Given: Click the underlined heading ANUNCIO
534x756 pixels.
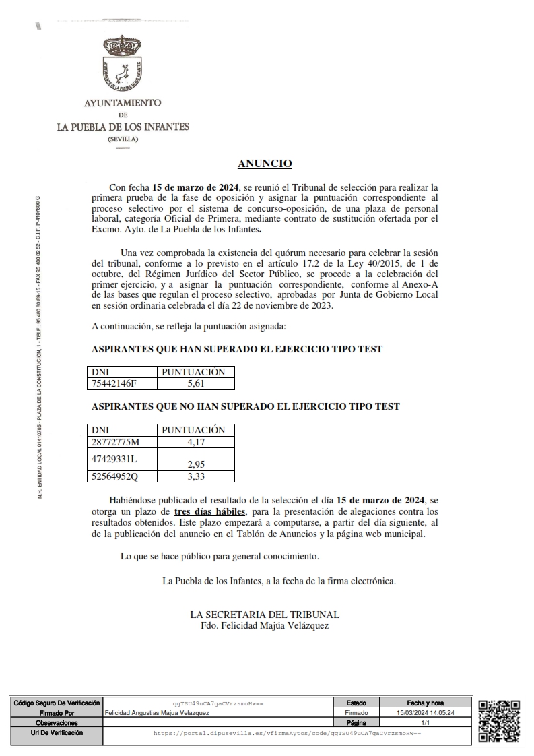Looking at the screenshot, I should point(265,164).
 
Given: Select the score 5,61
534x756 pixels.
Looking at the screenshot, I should point(195,384).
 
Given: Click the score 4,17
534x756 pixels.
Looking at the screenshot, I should point(196,442).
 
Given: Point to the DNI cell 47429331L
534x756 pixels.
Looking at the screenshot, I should point(114,458).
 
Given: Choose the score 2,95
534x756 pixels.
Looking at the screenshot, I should point(196,464).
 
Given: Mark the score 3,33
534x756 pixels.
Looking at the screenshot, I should point(196,476).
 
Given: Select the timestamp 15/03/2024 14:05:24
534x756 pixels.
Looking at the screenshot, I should point(426,712).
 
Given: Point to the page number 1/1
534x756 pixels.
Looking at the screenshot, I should point(426,722).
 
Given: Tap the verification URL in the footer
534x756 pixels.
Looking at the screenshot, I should point(287,732).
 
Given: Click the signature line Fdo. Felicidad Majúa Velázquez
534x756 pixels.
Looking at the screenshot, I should point(265,625).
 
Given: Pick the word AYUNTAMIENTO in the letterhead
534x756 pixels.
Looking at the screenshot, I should point(123,103).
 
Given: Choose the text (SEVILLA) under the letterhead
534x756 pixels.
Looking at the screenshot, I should point(123,139).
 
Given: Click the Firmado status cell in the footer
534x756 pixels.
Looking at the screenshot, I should point(356,712).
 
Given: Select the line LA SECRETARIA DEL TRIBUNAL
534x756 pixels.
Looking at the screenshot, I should point(265,615).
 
